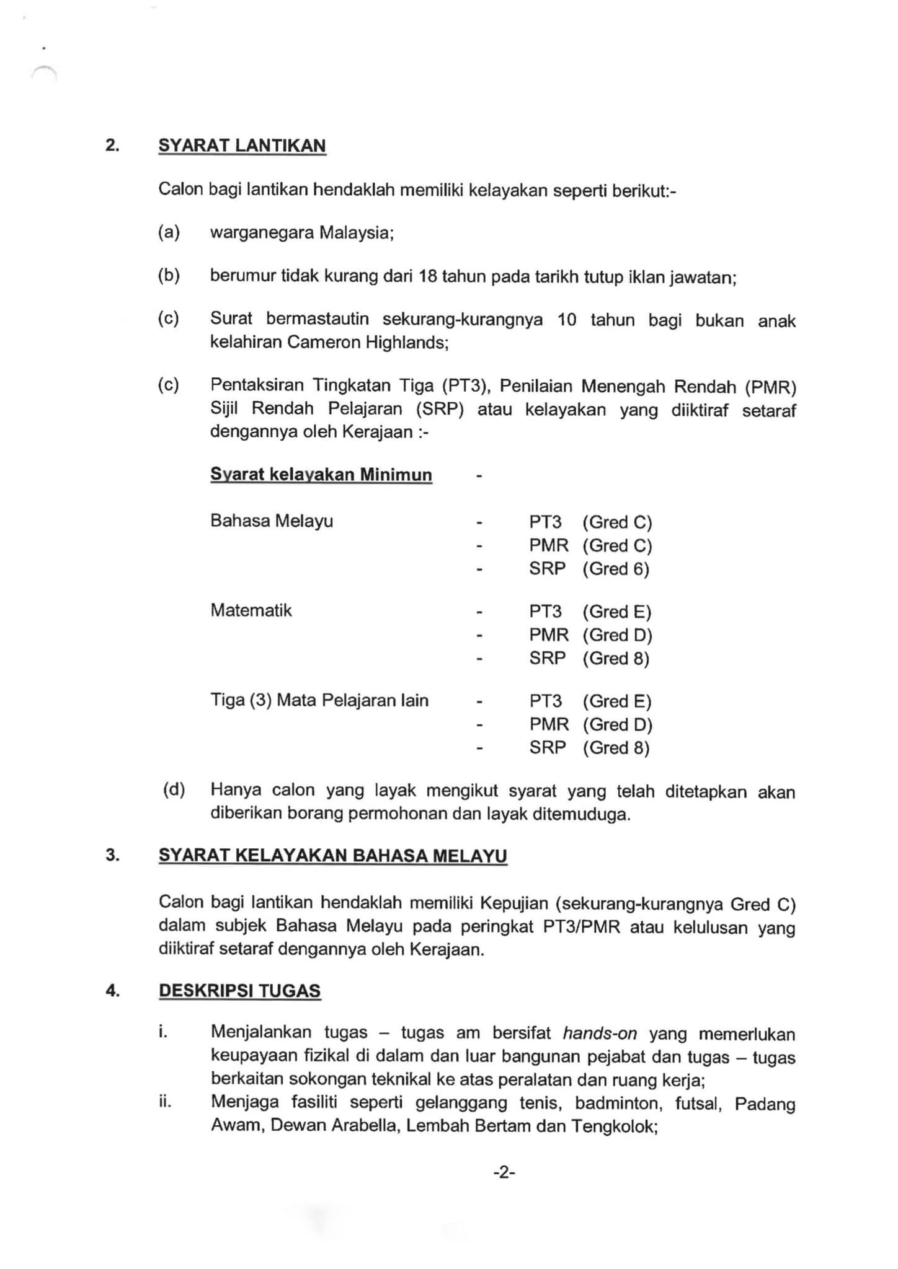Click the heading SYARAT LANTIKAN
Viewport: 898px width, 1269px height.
(x=242, y=146)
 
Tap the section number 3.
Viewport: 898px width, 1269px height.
(x=112, y=855)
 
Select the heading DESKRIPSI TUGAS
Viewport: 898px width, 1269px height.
(x=239, y=990)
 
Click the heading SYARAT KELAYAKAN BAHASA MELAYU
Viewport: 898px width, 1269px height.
(x=332, y=856)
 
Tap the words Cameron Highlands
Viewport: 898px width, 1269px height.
(x=367, y=342)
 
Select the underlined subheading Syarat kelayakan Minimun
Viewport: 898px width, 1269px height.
(x=321, y=475)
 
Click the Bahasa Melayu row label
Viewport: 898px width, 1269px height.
(x=271, y=520)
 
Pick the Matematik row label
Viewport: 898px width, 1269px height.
(x=251, y=610)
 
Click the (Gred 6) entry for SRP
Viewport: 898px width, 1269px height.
(x=616, y=569)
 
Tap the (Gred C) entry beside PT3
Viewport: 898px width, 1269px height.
(x=617, y=522)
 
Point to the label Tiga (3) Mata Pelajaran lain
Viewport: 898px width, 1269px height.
(x=319, y=701)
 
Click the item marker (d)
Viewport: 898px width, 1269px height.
(x=174, y=789)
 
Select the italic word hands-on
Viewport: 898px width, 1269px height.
(x=600, y=1033)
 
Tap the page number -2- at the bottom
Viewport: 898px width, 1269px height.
(x=504, y=1172)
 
